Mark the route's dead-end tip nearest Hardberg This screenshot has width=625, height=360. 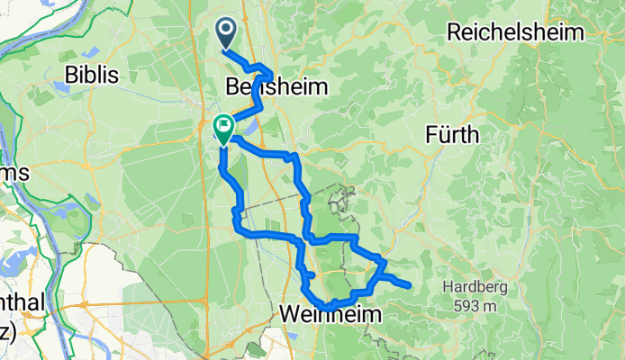410,286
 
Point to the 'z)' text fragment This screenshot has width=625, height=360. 8,332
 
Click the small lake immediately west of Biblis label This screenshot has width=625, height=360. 64,87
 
